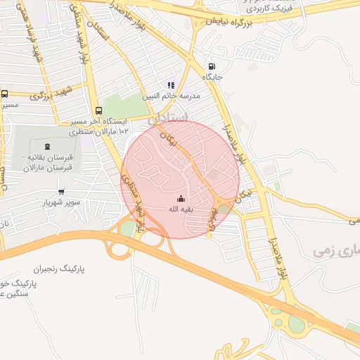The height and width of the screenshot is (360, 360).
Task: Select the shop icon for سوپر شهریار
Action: pyautogui.click(x=61, y=191)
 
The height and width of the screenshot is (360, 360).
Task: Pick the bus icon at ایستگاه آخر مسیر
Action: pyautogui.click(x=98, y=110)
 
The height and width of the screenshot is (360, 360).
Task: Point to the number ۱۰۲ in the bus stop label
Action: pyautogui.click(x=123, y=131)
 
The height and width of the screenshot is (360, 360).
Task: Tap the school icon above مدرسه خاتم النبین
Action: pyautogui.click(x=170, y=85)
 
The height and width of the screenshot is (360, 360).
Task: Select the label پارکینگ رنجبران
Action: pyautogui.click(x=63, y=269)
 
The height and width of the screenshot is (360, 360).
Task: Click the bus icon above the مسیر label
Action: pyautogui.click(x=5, y=94)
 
